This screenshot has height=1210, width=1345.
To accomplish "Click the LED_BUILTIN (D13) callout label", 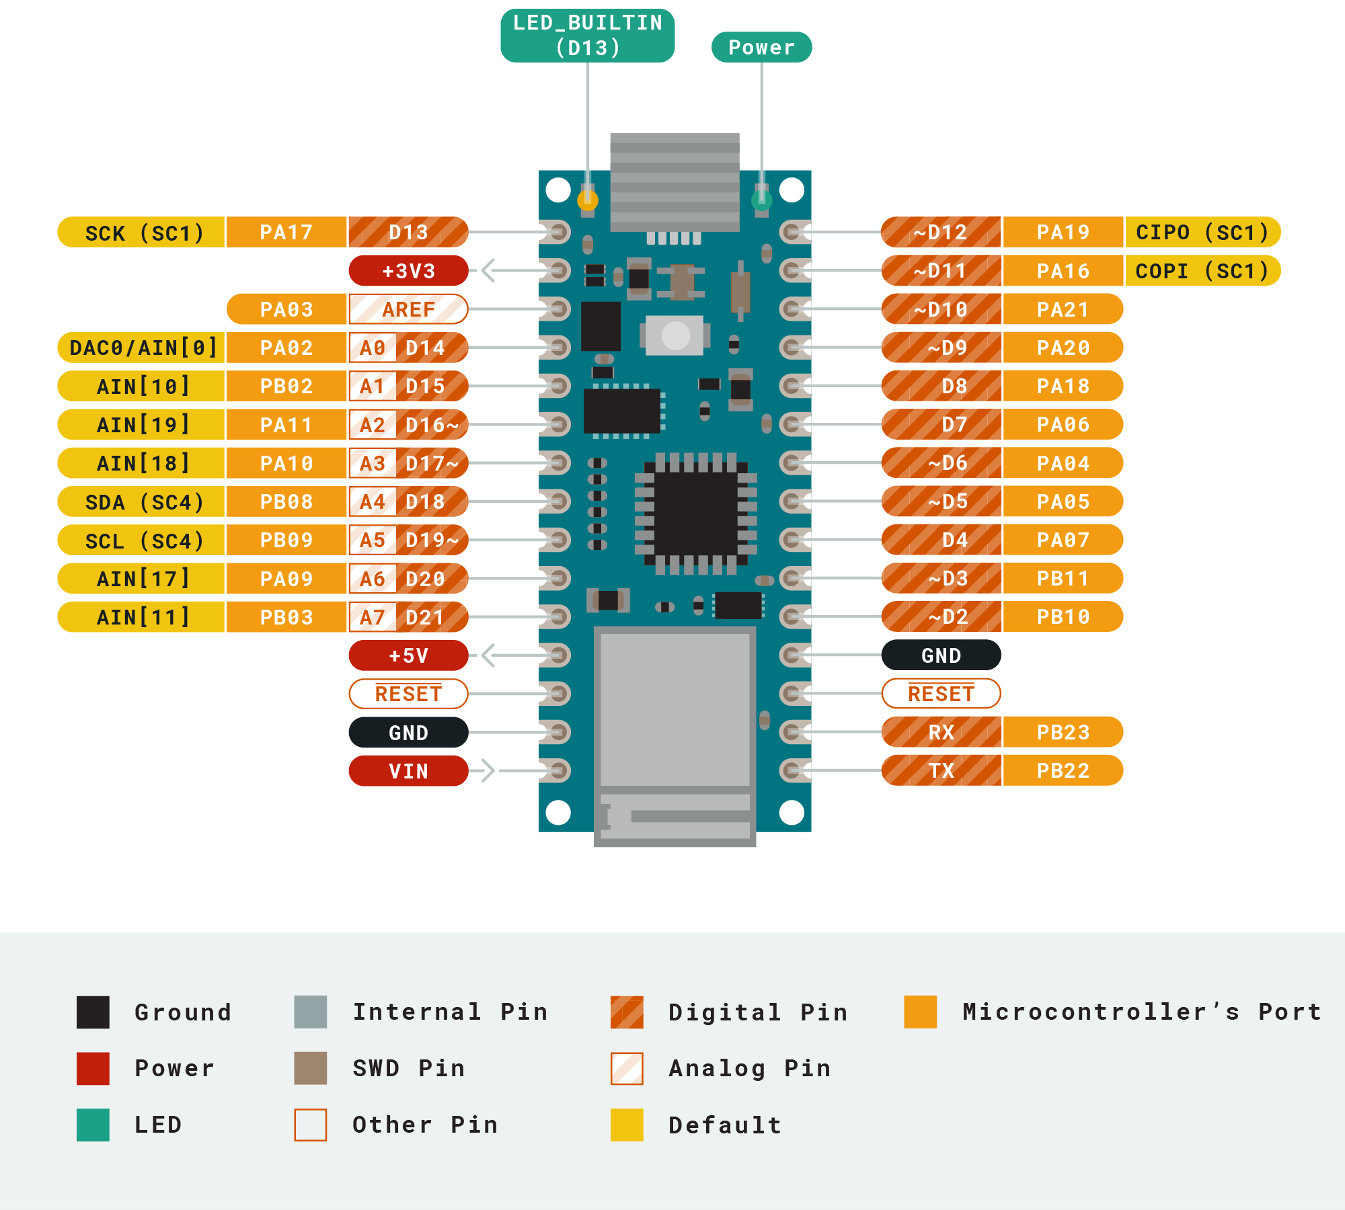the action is click(x=587, y=36).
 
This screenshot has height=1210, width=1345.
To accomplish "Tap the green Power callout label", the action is click(x=761, y=47).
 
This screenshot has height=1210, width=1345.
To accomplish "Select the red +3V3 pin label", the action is click(x=408, y=271).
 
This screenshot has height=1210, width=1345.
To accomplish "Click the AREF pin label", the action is click(x=408, y=309).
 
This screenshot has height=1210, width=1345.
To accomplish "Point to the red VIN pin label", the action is click(x=408, y=771).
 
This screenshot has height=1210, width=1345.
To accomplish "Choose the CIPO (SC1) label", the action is click(x=1202, y=233).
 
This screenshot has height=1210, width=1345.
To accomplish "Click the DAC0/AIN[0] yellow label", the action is click(x=142, y=348).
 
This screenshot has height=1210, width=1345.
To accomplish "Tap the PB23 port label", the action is click(x=1063, y=732).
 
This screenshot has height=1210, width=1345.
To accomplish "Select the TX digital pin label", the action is click(x=941, y=770).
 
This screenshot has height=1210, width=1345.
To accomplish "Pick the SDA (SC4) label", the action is click(x=142, y=501).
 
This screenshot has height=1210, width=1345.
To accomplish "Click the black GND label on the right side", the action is click(x=941, y=655).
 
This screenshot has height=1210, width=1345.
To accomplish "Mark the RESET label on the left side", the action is click(x=408, y=694).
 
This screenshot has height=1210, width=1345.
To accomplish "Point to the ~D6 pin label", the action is click(x=941, y=462).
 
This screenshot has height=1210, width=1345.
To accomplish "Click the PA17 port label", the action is click(x=286, y=233).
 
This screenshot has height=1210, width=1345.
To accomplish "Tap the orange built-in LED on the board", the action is click(x=588, y=199).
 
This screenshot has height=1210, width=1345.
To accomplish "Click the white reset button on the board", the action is click(x=675, y=335).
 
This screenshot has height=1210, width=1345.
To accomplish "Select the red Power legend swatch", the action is click(x=93, y=1068).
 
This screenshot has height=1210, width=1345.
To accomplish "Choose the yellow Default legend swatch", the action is click(x=627, y=1125).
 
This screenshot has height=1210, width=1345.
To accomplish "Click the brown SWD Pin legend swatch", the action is click(x=311, y=1068).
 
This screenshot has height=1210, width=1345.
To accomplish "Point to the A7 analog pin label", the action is click(x=372, y=617).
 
